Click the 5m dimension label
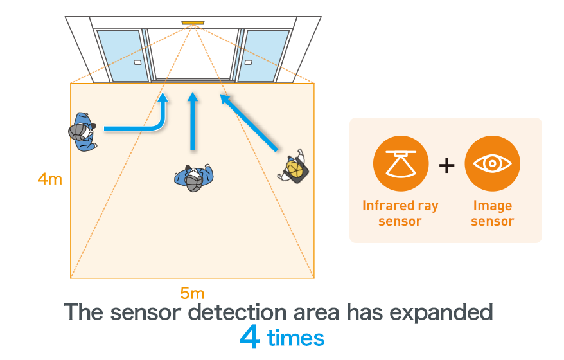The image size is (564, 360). pos(192,294)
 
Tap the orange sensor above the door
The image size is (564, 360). pos(192,23)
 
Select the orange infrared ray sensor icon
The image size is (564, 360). pos(400,164)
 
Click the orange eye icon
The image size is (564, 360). pos(492,164)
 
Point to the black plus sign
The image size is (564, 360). pos(446,165)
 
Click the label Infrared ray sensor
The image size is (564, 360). pos(400,213)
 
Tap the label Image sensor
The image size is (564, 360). pos(492,213)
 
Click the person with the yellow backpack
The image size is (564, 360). pos(294,167)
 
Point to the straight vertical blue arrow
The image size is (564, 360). pos(192,122)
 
